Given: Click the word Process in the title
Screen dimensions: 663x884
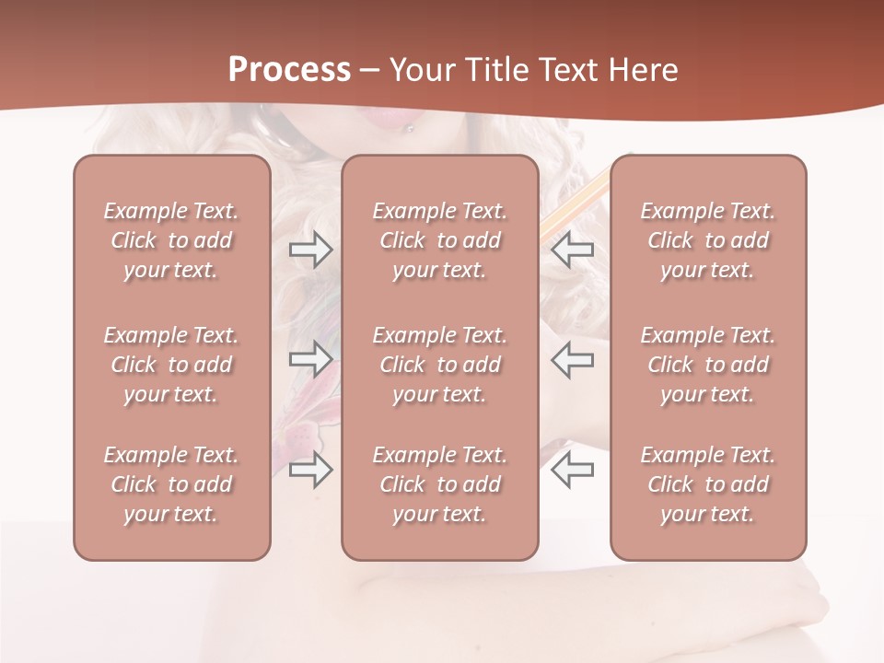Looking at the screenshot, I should click(289, 70).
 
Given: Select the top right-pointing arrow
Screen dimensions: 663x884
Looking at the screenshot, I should click(310, 249).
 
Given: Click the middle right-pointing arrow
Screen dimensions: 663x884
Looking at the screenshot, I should click(310, 359).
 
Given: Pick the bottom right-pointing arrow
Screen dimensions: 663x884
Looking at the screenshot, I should click(310, 470).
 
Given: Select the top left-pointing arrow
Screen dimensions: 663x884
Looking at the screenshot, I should click(572, 249).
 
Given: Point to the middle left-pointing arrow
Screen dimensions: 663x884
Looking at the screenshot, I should click(572, 359).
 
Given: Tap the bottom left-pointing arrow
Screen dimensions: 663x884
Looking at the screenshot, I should click(572, 470).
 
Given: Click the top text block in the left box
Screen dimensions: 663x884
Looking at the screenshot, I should click(171, 240).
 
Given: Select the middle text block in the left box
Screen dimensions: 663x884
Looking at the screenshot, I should click(171, 365).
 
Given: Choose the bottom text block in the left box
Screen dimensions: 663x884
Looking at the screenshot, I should click(171, 484).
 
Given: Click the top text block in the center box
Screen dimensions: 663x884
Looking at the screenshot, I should click(439, 240).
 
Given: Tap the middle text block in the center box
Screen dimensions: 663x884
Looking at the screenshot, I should click(439, 365).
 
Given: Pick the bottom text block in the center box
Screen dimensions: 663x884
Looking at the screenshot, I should click(439, 484).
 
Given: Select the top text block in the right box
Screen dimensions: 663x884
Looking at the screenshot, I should click(707, 240).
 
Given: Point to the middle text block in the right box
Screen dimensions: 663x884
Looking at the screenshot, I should click(707, 365).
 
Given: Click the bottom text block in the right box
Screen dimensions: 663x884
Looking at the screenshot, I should click(707, 484).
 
